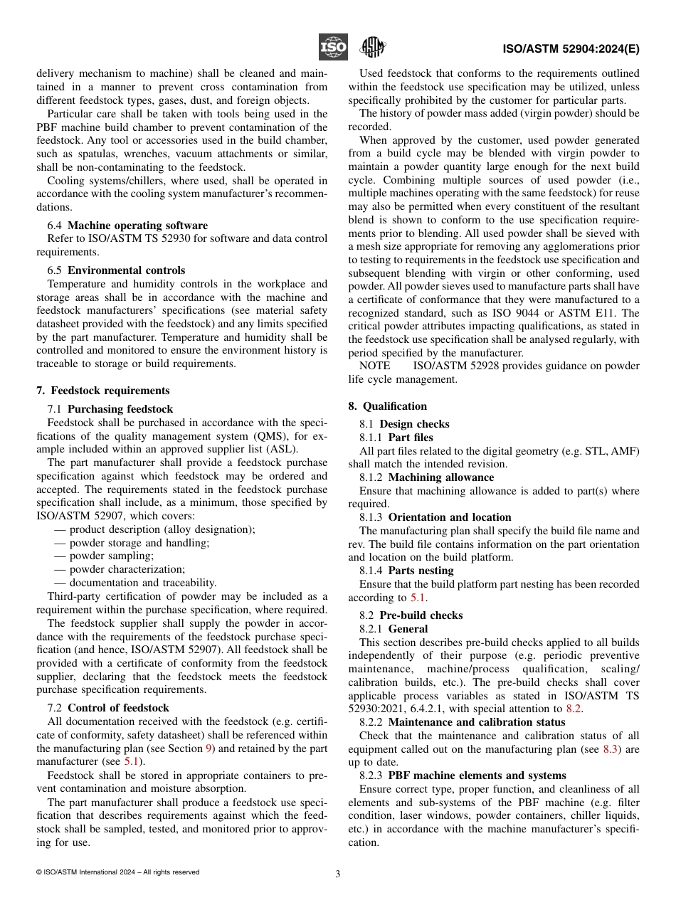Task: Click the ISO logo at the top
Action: point(332,48)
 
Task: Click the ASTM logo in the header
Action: point(373,48)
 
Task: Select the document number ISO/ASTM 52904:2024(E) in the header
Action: point(571,50)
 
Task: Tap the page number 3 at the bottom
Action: point(338,874)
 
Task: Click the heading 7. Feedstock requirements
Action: point(103,391)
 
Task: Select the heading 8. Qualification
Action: point(388,406)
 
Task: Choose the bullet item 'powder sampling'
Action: point(105,556)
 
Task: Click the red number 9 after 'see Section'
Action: point(211,748)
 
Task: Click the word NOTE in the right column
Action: point(375,366)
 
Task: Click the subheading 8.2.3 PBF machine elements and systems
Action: point(463,776)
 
